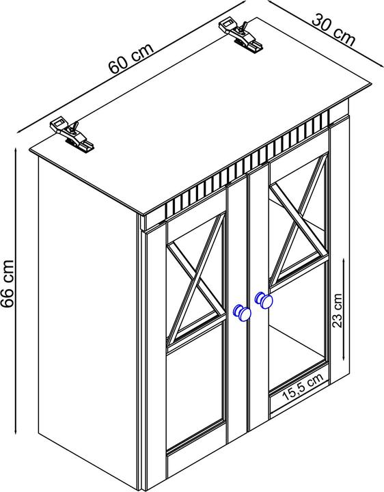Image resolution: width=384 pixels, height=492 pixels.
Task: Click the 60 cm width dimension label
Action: coord(131,58)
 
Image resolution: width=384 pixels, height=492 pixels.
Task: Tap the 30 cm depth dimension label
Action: coord(334,31)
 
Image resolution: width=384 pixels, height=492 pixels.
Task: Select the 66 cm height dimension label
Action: coord(8,284)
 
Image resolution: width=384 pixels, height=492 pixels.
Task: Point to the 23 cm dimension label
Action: coord(337,310)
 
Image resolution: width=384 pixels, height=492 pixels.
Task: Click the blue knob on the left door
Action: coord(242,313)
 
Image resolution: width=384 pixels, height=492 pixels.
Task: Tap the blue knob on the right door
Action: coord(264,300)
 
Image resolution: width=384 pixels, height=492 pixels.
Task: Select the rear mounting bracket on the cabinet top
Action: coord(241,35)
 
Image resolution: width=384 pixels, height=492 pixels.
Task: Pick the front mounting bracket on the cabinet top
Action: coord(72,134)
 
